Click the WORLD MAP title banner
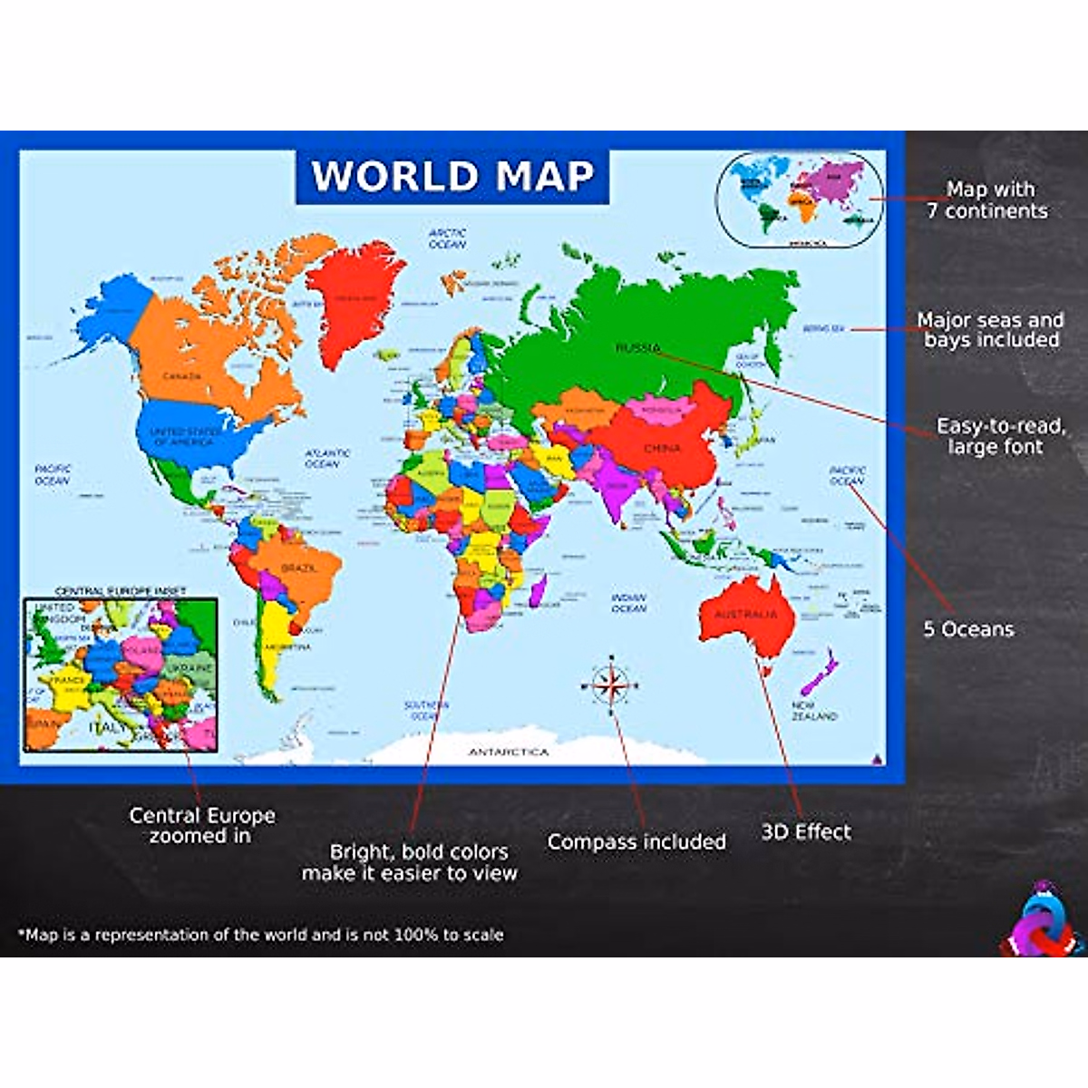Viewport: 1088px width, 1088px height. point(452,176)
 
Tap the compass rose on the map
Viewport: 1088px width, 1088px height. point(612,685)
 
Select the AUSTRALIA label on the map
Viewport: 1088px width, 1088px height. point(745,614)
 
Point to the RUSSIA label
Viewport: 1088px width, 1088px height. point(638,347)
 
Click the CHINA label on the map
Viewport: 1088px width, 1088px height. point(662,448)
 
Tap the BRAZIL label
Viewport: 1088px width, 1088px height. point(298,568)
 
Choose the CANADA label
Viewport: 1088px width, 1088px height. point(181,375)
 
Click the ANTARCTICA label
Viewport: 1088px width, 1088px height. point(509,752)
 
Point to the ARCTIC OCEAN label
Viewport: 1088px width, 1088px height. point(447,238)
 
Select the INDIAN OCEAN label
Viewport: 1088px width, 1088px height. point(628,603)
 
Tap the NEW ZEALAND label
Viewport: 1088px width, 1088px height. point(814,711)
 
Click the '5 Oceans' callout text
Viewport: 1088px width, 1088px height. point(968,629)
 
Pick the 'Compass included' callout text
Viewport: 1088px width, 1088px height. point(636,842)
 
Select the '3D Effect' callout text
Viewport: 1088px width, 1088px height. point(806,832)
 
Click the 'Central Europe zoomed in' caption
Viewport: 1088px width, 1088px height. point(201,825)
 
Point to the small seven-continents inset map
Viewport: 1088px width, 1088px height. point(798,199)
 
